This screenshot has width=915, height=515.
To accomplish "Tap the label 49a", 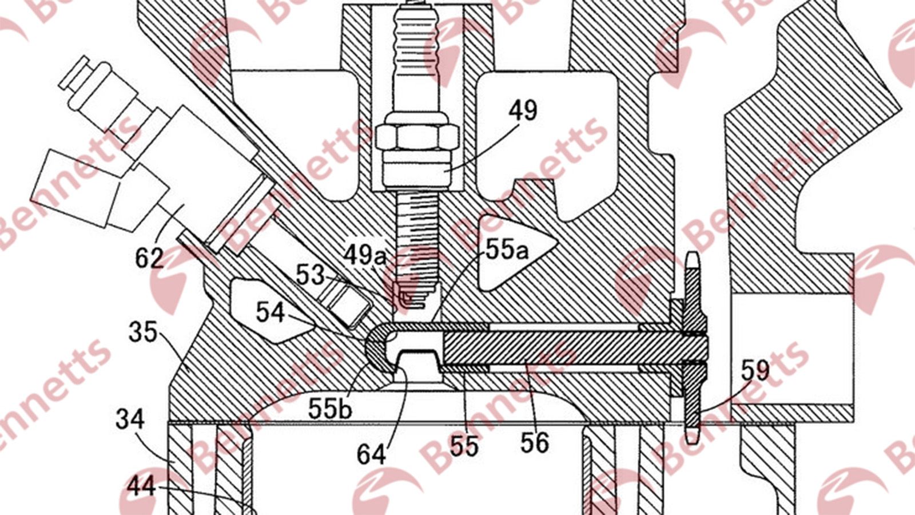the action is pyautogui.click(x=364, y=255).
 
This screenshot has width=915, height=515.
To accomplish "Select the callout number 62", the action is pyautogui.click(x=149, y=258).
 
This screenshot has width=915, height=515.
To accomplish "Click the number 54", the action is pyautogui.click(x=270, y=312).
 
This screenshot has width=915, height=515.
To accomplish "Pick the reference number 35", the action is pyautogui.click(x=143, y=332).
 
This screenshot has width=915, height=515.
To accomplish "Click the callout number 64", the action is pyautogui.click(x=371, y=454).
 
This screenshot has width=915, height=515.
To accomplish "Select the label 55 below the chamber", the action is pyautogui.click(x=464, y=446).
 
